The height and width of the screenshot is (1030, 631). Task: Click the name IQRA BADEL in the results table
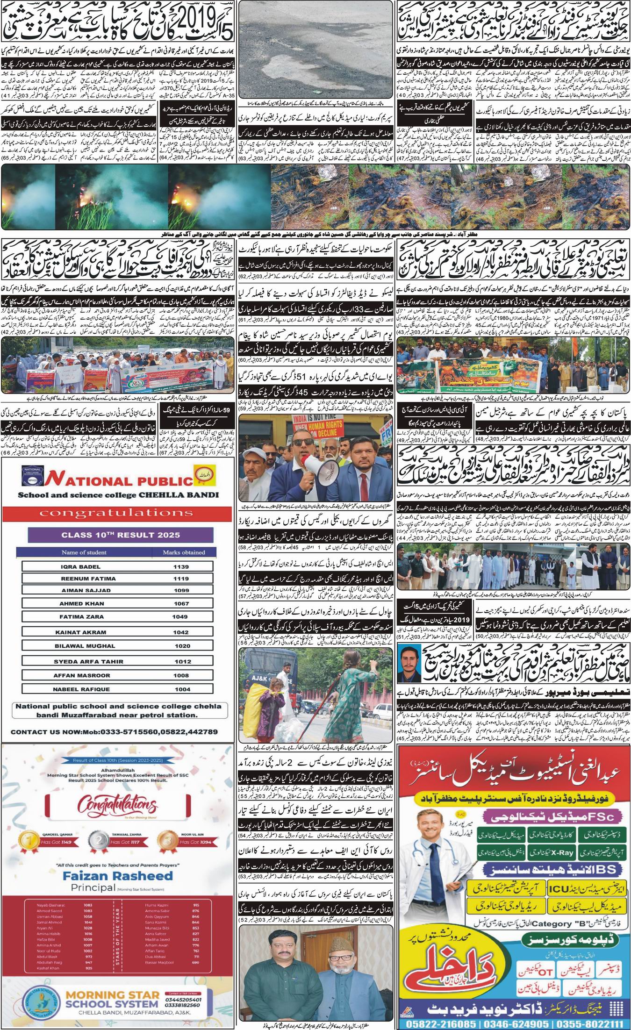click(80, 566)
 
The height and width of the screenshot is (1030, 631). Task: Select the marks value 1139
click(181, 566)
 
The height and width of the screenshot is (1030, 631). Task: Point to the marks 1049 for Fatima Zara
click(181, 616)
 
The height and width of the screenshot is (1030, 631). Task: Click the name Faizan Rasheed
click(116, 876)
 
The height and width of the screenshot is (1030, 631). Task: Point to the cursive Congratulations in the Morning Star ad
click(117, 805)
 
